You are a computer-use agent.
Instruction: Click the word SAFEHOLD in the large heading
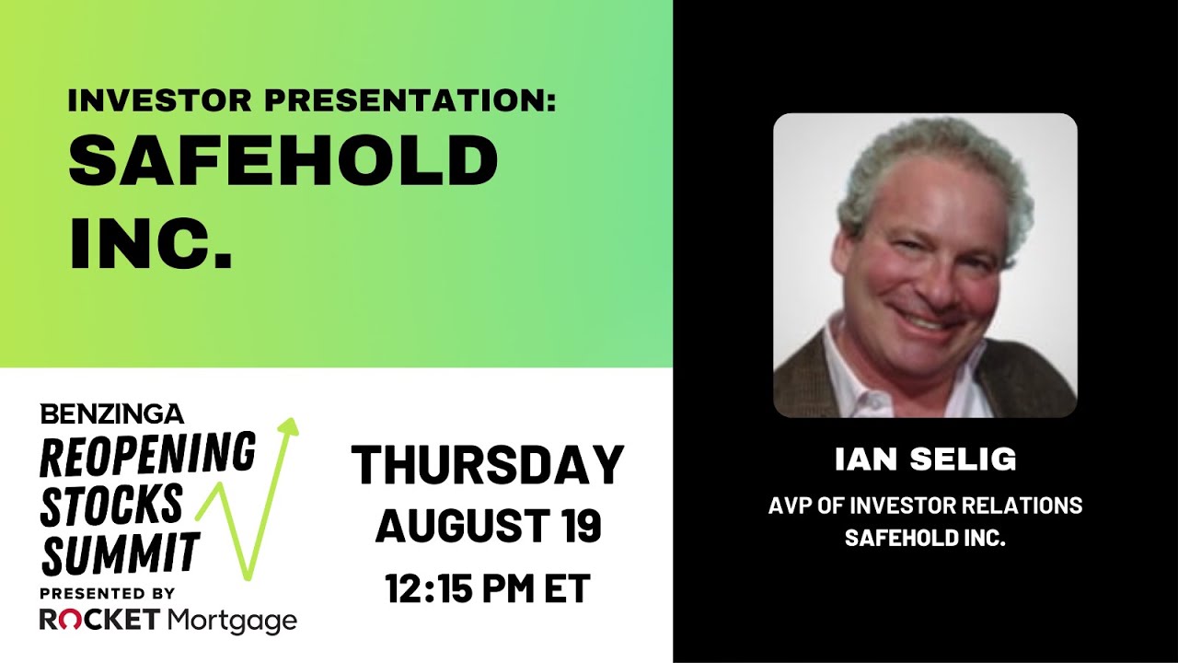coord(283,161)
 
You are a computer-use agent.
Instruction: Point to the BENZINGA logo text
coord(111,413)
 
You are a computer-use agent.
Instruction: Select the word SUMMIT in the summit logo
coord(121,554)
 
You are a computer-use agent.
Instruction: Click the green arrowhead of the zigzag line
coord(290,426)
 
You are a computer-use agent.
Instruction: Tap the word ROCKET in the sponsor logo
coord(99,621)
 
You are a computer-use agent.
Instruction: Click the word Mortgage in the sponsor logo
coord(232,622)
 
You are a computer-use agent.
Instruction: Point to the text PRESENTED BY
coord(108,593)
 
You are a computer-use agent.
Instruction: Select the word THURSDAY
coord(487,466)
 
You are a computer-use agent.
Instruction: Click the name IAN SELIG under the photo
coord(925,459)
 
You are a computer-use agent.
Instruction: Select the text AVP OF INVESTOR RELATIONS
coord(925,506)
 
